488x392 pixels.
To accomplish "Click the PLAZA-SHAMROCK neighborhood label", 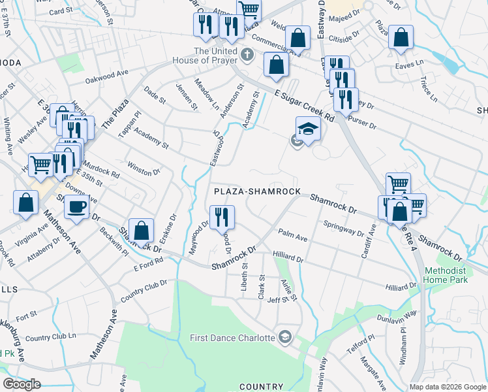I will tap(258, 191).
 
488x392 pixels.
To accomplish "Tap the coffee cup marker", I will tap(77, 207).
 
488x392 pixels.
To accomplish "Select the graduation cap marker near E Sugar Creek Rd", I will tap(308, 128).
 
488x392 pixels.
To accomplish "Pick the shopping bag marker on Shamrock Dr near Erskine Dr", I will tap(141, 230).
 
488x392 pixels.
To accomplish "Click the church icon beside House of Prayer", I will tap(247, 56).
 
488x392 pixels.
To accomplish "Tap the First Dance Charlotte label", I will tap(233, 338).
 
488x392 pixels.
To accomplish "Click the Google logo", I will tap(22, 384).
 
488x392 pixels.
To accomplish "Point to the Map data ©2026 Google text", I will tap(448, 387).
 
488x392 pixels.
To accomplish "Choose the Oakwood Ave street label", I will tap(106, 77).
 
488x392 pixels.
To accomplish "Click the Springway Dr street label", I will tap(343, 228).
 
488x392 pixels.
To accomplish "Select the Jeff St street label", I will tap(277, 300).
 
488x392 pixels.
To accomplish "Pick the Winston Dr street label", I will tap(144, 168).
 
